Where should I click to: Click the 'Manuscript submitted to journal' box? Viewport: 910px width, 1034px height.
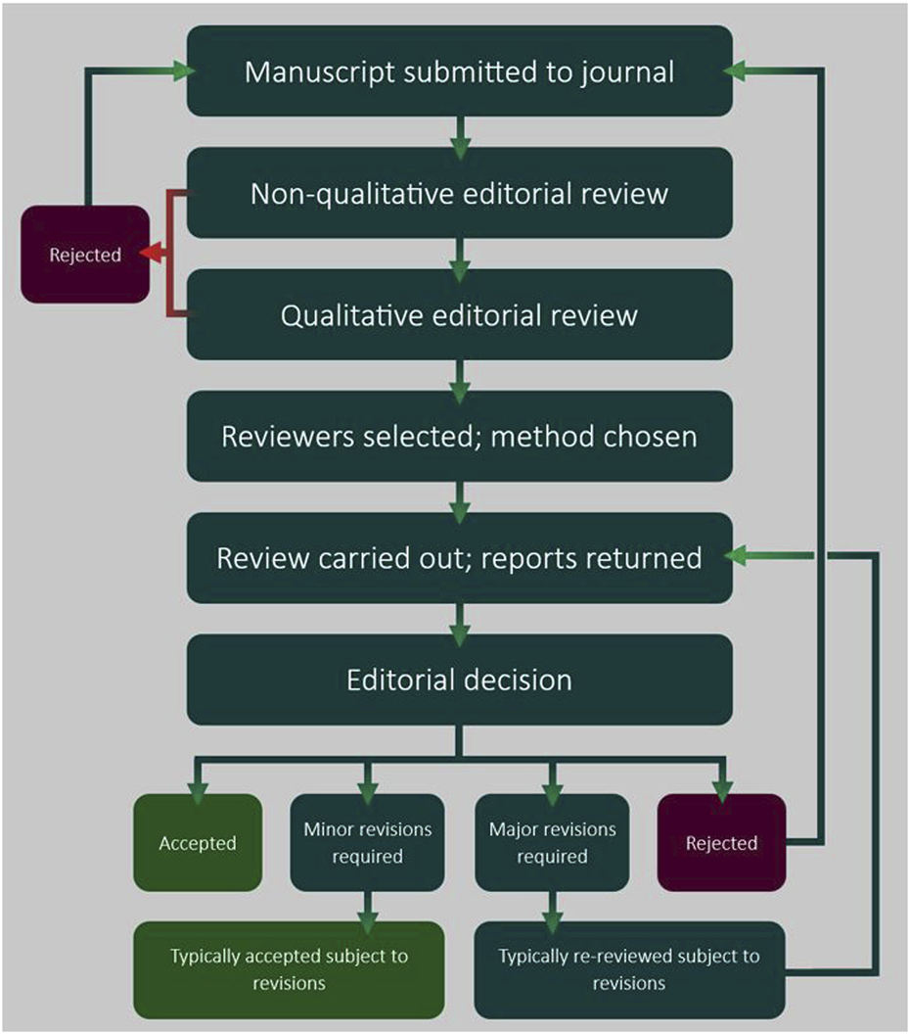point(459,71)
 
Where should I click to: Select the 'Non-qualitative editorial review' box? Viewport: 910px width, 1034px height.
point(459,193)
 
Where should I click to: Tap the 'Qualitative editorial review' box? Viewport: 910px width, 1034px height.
point(459,314)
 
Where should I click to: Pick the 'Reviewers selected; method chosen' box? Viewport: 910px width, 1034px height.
point(459,436)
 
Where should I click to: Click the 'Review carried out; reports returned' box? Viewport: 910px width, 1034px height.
point(459,557)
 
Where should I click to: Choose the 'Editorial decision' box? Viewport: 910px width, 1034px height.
point(459,679)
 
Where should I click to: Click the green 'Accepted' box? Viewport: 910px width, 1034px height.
point(198,842)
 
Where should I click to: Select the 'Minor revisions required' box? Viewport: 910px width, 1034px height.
point(367,842)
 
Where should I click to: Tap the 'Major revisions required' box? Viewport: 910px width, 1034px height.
point(552,842)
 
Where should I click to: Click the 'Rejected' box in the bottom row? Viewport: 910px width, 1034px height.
point(721,842)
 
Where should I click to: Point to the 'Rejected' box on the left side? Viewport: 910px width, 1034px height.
point(85,254)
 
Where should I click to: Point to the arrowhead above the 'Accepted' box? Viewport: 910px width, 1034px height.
point(198,781)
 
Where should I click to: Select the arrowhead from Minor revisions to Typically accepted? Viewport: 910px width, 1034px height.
point(367,910)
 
